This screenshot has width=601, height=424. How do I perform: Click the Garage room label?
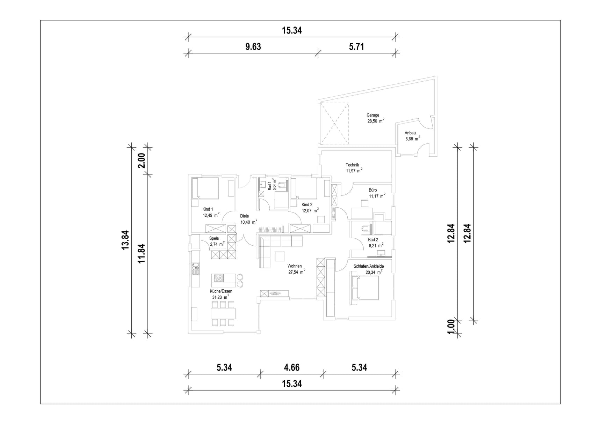373,115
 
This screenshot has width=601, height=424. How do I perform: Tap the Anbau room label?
410,133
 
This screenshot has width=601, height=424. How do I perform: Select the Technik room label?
352,165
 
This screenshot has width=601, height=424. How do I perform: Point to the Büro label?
372,190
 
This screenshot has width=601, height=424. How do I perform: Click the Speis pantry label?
214,238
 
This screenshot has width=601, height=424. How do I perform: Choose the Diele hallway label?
244,216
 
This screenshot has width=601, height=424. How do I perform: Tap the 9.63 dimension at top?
253,46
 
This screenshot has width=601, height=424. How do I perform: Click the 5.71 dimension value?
356,46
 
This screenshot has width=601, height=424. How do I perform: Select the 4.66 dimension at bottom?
291,367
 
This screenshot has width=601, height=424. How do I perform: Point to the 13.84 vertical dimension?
125,240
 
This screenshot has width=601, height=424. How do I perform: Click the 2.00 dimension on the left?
141,161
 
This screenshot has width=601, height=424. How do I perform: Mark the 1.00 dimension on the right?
451,327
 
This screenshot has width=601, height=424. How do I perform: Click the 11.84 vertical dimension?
141,253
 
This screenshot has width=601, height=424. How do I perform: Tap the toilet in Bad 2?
365,228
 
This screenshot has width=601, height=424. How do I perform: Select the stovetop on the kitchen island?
218,278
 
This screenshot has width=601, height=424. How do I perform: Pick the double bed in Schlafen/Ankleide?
365,288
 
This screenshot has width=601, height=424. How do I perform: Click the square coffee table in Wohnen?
280,256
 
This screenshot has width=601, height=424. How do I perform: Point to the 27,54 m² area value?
297,272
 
